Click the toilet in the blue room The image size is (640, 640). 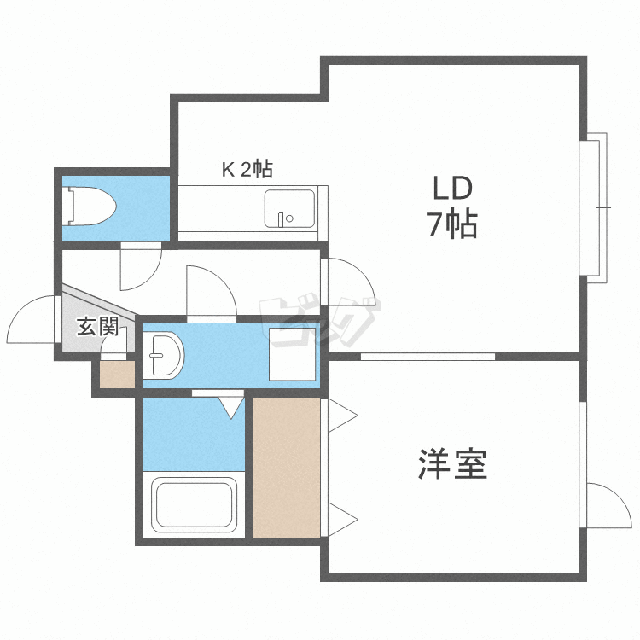click(x=90, y=206)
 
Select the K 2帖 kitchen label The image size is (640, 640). click(x=247, y=169)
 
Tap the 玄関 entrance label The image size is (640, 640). click(x=97, y=326)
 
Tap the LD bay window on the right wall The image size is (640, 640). click(x=594, y=206)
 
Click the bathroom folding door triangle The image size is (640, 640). click(x=230, y=406)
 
